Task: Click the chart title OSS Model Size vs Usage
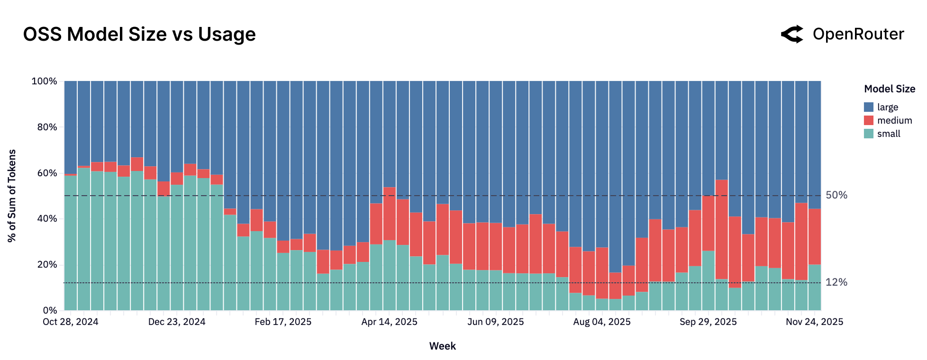pyautogui.click(x=139, y=35)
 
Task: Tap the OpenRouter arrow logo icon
pyautogui.click(x=792, y=34)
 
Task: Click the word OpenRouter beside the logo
pyautogui.click(x=858, y=34)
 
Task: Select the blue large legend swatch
pyautogui.click(x=868, y=107)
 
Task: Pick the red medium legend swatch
pyautogui.click(x=868, y=120)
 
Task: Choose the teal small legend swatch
pyautogui.click(x=868, y=134)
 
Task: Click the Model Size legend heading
pyautogui.click(x=889, y=89)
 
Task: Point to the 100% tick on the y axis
pyautogui.click(x=44, y=81)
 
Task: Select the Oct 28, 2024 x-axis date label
pyautogui.click(x=71, y=322)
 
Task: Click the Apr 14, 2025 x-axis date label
pyautogui.click(x=389, y=322)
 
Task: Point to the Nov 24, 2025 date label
pyautogui.click(x=814, y=322)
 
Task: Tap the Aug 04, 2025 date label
pyautogui.click(x=602, y=322)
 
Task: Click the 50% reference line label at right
pyautogui.click(x=836, y=195)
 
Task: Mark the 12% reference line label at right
pyautogui.click(x=836, y=282)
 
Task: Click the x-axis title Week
pyautogui.click(x=442, y=346)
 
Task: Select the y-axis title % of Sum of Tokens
pyautogui.click(x=12, y=196)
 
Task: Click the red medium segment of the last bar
pyautogui.click(x=815, y=237)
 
